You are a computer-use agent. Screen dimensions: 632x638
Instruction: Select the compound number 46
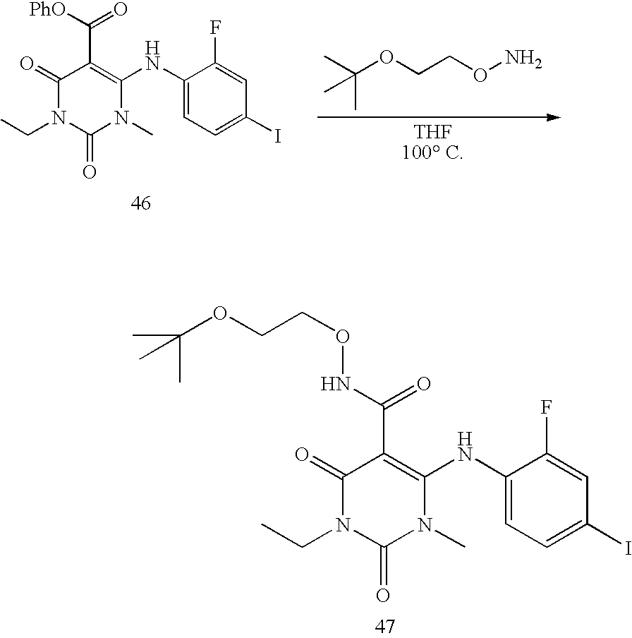pos(141,205)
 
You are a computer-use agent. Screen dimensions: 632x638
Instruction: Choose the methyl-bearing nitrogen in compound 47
pos(424,525)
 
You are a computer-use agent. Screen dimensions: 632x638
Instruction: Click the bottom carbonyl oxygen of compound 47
pos(383,596)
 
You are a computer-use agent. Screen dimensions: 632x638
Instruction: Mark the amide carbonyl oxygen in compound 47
pos(423,385)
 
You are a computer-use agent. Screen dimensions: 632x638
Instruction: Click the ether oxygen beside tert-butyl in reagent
pos(386,57)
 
